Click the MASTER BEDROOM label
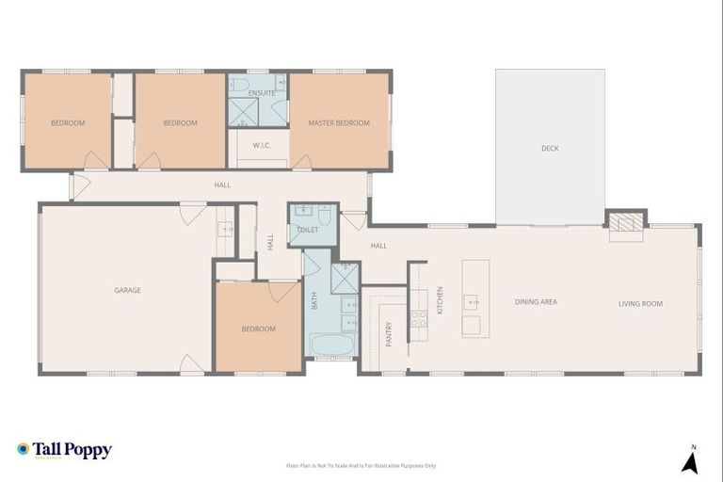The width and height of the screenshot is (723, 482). pos(339,123)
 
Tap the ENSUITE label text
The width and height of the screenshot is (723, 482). pos(262,93)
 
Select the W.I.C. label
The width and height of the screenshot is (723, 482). pos(262,144)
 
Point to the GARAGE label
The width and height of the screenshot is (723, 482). pos(128,290)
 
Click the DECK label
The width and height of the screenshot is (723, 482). pos(550,148)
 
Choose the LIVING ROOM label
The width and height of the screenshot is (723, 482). pos(640,303)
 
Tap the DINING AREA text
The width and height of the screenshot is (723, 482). pos(536,302)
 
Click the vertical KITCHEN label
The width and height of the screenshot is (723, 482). pos(440,299)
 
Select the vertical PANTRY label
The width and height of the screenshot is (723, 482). pos(388,333)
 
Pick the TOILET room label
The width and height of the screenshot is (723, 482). pos(307,230)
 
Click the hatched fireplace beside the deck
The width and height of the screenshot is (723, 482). pos(626,222)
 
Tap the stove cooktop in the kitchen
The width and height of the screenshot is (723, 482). pos(419,319)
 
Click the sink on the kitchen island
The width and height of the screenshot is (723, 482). pos(471,302)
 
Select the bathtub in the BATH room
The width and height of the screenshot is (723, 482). pos(332,345)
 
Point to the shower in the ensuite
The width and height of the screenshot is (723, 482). pos(243,113)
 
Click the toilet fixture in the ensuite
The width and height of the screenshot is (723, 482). pos(238,84)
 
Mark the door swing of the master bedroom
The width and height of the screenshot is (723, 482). pos(301,163)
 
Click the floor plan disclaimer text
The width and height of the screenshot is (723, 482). pos(361,465)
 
